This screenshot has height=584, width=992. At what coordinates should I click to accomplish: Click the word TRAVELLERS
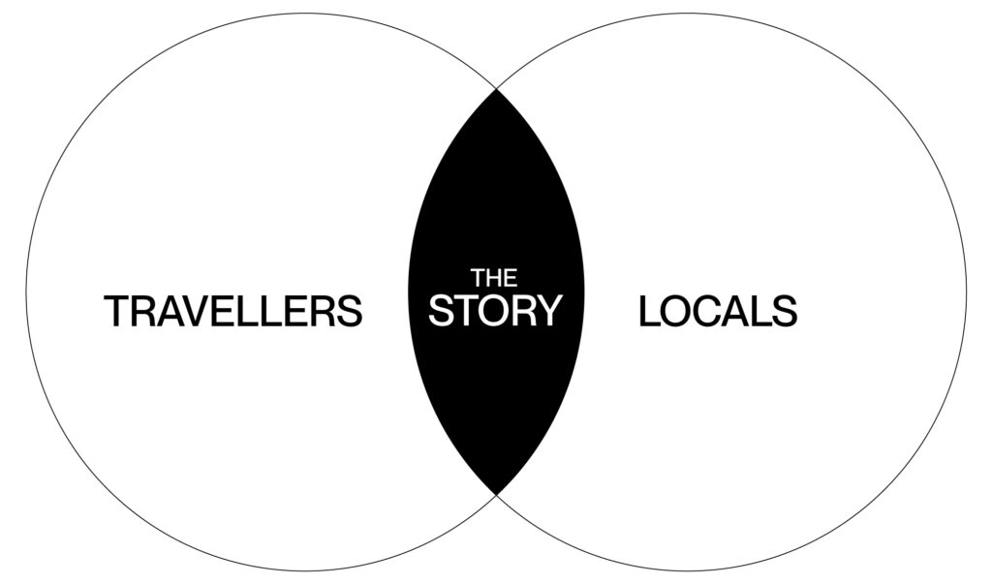pos(232,312)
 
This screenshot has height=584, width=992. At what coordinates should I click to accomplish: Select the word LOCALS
pos(718,312)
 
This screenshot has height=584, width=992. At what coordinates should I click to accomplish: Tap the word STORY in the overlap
pos(495,311)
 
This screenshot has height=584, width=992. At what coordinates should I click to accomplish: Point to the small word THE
pos(494,278)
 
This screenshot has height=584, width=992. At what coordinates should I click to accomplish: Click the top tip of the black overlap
pos(496,90)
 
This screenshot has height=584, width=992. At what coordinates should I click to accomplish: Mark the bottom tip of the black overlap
pos(496,493)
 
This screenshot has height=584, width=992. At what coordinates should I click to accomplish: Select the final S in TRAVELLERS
pos(350,312)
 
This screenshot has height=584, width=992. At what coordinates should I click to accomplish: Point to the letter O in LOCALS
pos(676,312)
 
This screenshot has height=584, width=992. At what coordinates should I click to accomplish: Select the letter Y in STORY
pos(549,311)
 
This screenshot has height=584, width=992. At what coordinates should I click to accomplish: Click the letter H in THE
pos(494,278)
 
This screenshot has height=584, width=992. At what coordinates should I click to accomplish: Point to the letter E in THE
pos(510,278)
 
